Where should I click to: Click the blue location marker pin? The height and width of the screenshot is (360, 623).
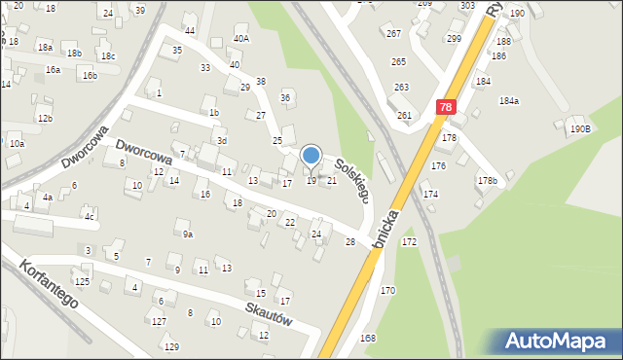click(x=311, y=157)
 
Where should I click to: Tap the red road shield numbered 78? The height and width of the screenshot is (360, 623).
click(x=445, y=108)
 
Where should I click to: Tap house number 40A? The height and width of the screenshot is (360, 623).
click(x=241, y=39)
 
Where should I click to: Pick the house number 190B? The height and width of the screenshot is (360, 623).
click(x=581, y=128)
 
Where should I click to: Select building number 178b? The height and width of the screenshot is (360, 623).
click(x=487, y=181)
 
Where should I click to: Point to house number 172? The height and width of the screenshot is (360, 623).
click(x=410, y=240)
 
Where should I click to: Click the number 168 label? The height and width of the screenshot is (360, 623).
click(x=368, y=338)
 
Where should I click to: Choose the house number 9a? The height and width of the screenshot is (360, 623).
click(x=188, y=234)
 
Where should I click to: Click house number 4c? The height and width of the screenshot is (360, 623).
click(x=88, y=216)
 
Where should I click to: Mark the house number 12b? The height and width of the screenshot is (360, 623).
click(x=45, y=118)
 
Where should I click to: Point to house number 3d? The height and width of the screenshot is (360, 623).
click(x=222, y=141)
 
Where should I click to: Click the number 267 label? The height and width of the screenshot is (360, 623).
click(x=393, y=34)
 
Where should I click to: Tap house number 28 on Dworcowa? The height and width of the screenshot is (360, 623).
click(x=349, y=241)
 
